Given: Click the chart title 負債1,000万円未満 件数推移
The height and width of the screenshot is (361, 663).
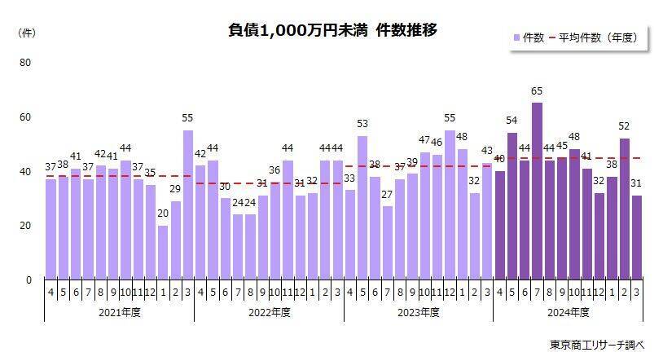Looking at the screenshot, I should (x=332, y=30).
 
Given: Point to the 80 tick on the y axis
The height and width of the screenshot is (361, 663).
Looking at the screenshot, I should (x=24, y=63).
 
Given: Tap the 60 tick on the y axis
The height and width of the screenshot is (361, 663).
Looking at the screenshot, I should (x=24, y=117).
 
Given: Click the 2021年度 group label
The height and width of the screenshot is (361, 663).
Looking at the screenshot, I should (x=119, y=313).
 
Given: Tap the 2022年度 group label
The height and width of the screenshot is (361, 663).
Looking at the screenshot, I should (x=269, y=313).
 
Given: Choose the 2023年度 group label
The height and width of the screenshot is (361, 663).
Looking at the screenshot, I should (x=419, y=313).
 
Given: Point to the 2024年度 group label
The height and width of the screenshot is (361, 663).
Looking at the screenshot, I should (x=569, y=313).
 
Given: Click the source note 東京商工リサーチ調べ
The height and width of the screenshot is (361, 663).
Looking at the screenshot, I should (x=597, y=345).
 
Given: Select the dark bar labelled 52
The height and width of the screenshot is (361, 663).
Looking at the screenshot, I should (x=624, y=208).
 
